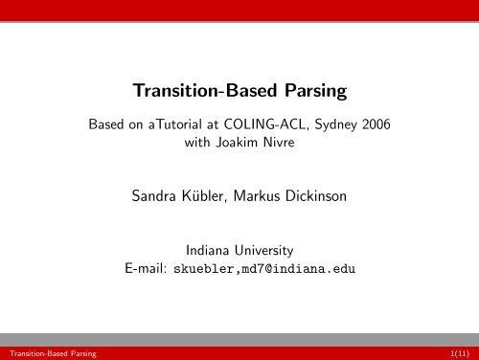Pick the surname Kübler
tap(210, 200)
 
